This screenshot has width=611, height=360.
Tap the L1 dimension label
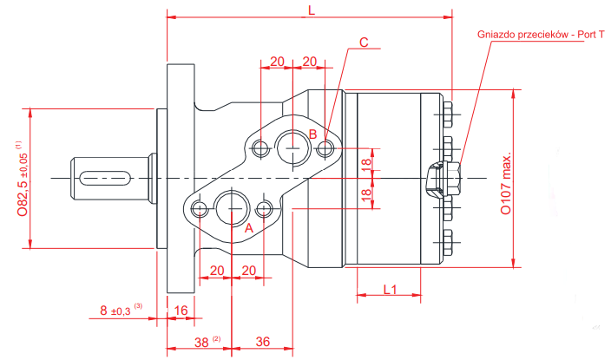(390, 289)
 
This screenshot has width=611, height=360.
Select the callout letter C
(364, 42)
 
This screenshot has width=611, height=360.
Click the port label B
(312, 134)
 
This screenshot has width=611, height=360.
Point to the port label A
(248, 227)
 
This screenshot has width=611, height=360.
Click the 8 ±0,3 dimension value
(116, 310)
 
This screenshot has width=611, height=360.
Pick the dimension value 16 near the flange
(181, 310)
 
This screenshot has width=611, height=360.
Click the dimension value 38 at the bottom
(201, 342)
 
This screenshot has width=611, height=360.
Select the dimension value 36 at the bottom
(263, 342)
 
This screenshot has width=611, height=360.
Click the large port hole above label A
(233, 206)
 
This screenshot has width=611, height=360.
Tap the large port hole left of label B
(290, 147)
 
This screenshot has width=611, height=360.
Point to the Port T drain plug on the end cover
(443, 179)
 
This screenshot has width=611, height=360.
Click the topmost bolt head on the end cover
(448, 110)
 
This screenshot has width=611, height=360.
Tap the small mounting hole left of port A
(200, 209)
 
